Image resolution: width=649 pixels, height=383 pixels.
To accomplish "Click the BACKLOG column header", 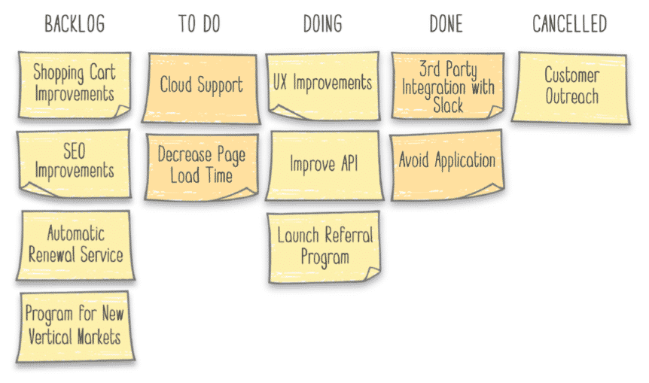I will coord(75,24).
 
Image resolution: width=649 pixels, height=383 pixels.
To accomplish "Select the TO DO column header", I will coord(200,24).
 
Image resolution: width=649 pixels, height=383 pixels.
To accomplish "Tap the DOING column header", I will coord(322,24).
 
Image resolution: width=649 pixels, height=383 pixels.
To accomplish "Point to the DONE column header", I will coord(446,24).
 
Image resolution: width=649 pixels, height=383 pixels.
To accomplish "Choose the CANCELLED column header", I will coord(569,24).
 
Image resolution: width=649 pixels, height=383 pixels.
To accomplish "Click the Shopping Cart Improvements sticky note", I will coord(74,84).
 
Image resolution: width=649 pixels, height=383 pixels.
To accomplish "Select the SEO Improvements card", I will coord(74,160).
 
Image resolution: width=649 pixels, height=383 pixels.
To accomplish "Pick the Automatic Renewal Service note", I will coord(75,245).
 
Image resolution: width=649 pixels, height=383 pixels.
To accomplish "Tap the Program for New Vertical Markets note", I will coord(75,325).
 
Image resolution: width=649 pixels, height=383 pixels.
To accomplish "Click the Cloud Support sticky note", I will coord(201,86).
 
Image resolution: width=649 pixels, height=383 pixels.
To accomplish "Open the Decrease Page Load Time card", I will coord(201,166).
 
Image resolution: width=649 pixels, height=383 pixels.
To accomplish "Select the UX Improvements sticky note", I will coord(322,84).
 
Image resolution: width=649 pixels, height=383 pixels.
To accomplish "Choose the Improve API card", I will coord(324,164).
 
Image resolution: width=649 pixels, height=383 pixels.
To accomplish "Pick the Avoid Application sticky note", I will coord(446,163).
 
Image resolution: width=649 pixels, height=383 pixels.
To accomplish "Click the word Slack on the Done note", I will coord(448,105).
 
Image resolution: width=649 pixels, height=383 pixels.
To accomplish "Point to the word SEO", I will coord(74,150).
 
